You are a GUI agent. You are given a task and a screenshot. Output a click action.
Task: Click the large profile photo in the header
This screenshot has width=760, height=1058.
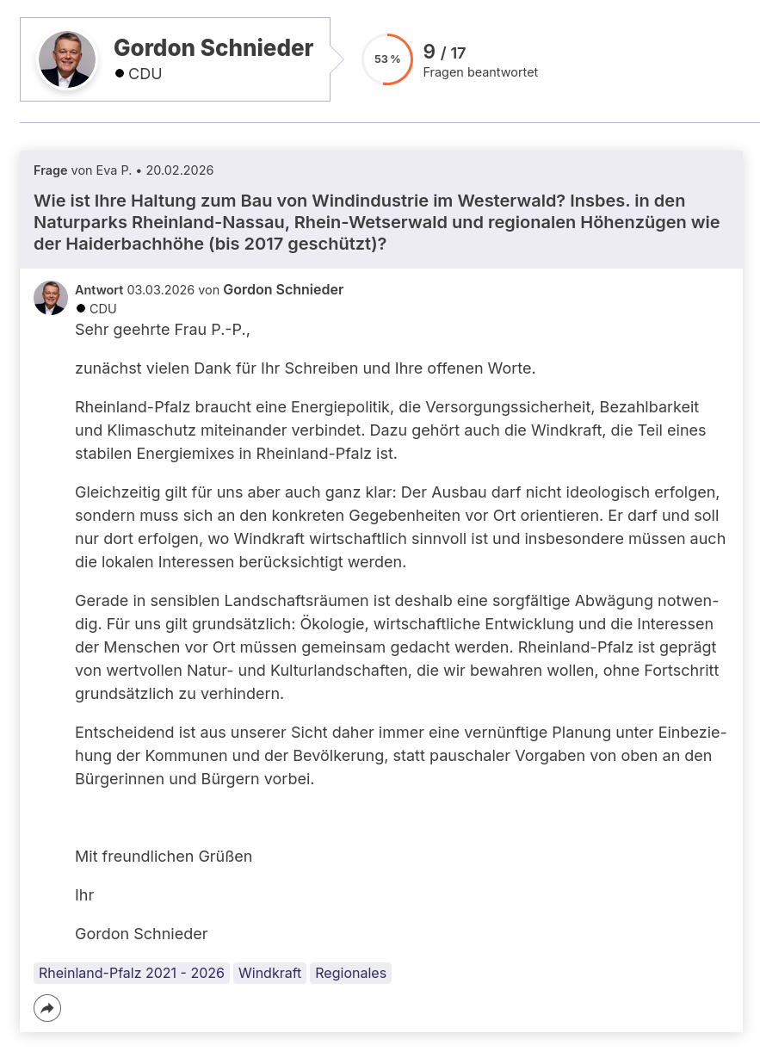coord(66,59)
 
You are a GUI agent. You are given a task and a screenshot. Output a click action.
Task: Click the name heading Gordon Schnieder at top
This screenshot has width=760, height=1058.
coord(213,48)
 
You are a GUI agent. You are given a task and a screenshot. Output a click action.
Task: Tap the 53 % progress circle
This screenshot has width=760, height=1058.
coord(387,59)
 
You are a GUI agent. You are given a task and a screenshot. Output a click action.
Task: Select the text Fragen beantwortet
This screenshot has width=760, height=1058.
coord(480,72)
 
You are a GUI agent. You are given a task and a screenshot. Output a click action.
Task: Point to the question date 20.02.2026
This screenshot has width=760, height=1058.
coord(180,170)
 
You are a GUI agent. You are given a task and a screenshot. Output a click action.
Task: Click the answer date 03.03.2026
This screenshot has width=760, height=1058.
coord(161,290)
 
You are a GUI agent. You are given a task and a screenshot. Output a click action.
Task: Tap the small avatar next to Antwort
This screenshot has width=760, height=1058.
coord(51,298)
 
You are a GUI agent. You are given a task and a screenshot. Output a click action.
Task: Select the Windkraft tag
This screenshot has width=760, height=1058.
coord(269,973)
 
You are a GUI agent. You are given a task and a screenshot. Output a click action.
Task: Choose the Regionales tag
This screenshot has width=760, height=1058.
coord(350,973)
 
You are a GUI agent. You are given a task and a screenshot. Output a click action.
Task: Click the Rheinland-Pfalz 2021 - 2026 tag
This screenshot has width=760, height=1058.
coord(132,973)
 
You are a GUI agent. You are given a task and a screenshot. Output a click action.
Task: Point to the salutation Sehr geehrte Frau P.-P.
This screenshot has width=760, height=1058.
coord(162,329)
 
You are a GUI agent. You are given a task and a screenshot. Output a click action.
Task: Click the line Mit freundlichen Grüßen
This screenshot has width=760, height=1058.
coord(164,857)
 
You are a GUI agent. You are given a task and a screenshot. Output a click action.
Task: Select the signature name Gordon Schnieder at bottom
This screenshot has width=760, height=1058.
coord(141,934)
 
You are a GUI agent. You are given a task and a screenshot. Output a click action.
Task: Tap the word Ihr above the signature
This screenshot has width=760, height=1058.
coord(84,895)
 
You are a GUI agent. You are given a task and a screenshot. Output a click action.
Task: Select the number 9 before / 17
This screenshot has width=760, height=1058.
coord(429,53)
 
